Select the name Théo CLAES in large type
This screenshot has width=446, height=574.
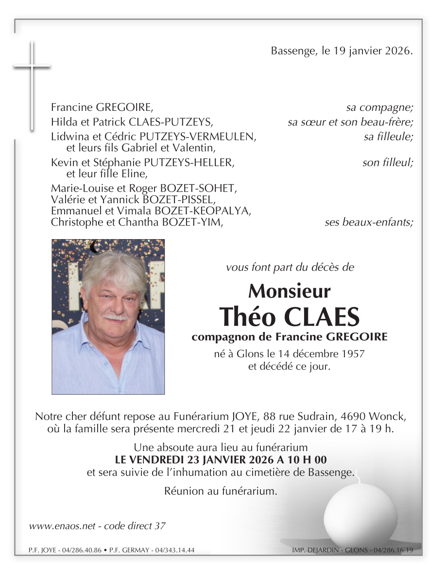click(x=290, y=316)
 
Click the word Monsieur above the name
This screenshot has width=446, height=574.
click(x=289, y=291)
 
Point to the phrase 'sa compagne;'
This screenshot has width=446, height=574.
click(x=379, y=107)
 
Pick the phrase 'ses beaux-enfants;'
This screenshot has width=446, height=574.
click(x=369, y=223)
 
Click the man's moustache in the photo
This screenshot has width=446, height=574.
click(x=116, y=318)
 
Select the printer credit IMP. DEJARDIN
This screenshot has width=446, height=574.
click(x=316, y=550)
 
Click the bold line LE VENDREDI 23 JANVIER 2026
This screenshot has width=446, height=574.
click(x=221, y=459)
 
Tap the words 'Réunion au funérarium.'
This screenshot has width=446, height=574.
click(x=221, y=491)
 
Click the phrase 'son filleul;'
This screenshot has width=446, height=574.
click(x=388, y=163)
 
